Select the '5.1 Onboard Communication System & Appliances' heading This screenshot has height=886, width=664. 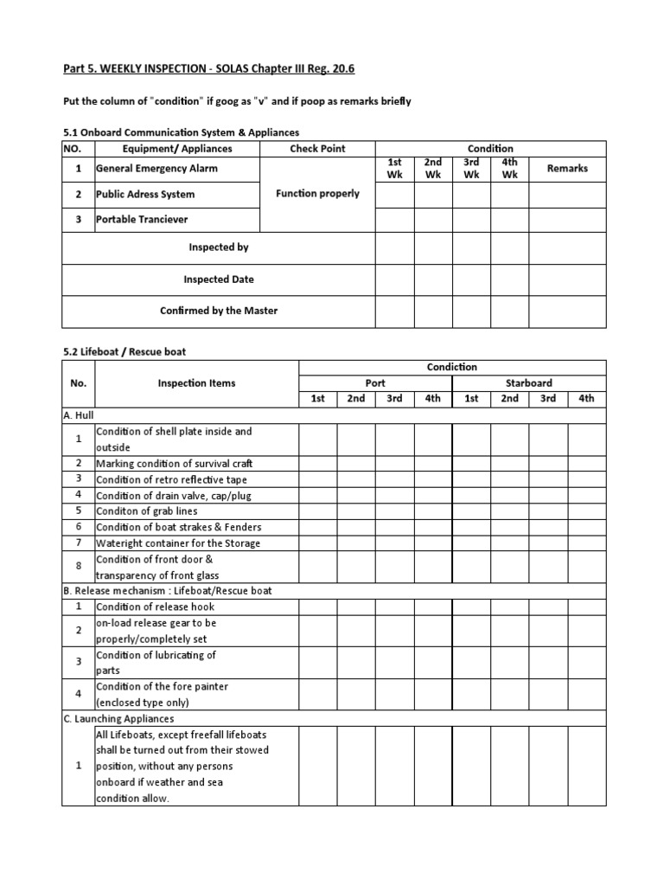(x=182, y=132)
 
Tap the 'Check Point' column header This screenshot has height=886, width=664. (x=317, y=149)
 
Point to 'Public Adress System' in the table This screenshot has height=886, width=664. (x=145, y=195)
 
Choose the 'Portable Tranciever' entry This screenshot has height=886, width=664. (x=142, y=220)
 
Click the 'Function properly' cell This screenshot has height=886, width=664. (x=317, y=194)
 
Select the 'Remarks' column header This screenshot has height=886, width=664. (x=567, y=169)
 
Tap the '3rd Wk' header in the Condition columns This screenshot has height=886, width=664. (x=470, y=169)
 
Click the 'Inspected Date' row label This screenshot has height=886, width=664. (x=219, y=279)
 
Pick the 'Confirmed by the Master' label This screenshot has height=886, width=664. (x=219, y=311)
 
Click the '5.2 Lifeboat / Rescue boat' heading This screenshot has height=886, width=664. (x=124, y=352)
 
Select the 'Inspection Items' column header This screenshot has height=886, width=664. (x=196, y=382)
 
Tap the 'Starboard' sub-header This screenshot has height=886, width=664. (x=528, y=382)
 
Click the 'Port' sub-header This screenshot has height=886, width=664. (x=374, y=382)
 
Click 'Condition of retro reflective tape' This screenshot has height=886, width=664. (x=174, y=479)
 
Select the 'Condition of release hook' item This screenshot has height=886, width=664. (x=155, y=607)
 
